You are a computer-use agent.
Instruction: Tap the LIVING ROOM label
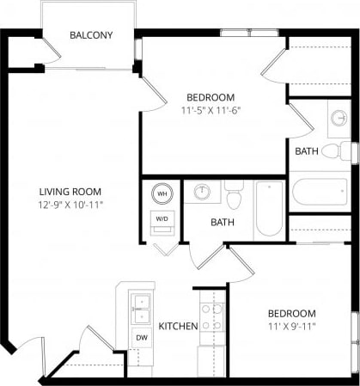pos(70,192)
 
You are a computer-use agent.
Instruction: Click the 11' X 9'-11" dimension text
pos(290,326)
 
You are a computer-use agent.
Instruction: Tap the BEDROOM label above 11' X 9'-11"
pos(290,313)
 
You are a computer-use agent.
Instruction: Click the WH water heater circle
pos(162,194)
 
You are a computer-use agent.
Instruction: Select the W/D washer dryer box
pos(162,218)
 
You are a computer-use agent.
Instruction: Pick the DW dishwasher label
pos(141,338)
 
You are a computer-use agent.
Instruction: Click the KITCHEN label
pos(179,326)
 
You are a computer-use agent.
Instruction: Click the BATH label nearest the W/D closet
pos(223,222)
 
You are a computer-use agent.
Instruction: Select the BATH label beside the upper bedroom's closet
pos(307,151)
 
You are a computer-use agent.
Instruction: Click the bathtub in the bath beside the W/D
pos(268,208)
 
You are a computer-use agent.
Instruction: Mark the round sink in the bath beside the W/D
pos(204,192)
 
